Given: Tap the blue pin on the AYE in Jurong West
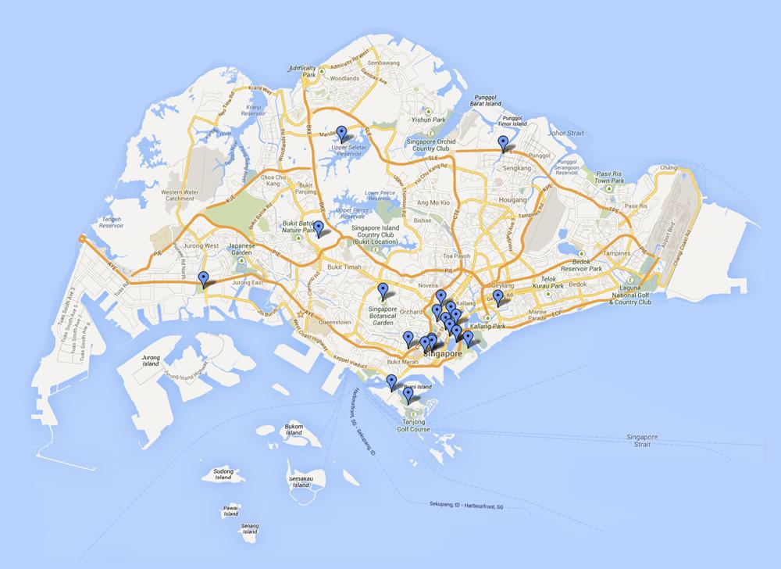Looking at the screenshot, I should coord(204,277).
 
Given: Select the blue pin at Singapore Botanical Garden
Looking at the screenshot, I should coord(383,290).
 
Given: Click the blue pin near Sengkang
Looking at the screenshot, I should coord(504,141).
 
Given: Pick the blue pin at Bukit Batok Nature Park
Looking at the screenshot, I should coord(318,227).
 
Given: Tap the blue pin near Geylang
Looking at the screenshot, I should coord(498,296).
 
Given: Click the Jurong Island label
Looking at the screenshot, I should coord(151,360).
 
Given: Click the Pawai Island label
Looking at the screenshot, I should coord(230,510).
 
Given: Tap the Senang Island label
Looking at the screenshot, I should coord(250,528).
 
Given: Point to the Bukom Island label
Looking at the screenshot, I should coord(293,430).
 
